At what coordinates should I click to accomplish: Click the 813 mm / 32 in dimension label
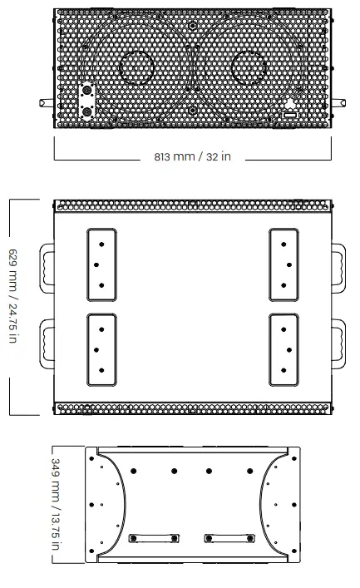[192, 156]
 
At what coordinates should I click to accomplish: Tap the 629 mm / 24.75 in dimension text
[13, 296]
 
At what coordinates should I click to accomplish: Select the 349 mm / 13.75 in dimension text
[56, 504]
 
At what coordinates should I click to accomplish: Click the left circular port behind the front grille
[136, 67]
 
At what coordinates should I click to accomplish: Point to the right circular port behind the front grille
[249, 67]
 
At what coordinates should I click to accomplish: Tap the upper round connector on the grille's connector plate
[87, 91]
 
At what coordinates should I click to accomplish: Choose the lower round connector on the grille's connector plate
[87, 111]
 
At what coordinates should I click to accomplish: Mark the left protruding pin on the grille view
[47, 102]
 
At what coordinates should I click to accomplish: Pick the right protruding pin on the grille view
[338, 102]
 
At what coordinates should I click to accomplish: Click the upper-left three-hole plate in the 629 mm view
[101, 264]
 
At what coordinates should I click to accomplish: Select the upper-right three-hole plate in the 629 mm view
[284, 264]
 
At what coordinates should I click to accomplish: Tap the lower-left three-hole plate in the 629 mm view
[101, 350]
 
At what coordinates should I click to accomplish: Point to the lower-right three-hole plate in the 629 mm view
[284, 350]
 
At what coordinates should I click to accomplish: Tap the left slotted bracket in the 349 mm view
[154, 538]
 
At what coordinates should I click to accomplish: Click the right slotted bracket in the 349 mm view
[229, 538]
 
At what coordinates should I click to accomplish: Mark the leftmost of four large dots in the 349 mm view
[134, 471]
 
